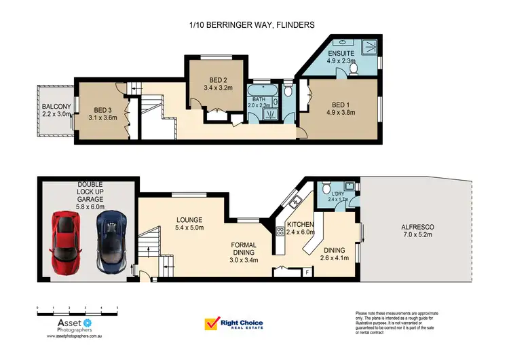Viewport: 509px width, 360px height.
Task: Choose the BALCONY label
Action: point(53,111)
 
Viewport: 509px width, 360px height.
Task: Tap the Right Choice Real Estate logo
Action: point(233,325)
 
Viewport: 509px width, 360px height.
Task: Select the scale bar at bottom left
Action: point(77,310)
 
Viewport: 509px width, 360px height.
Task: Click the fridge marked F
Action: point(307,273)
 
